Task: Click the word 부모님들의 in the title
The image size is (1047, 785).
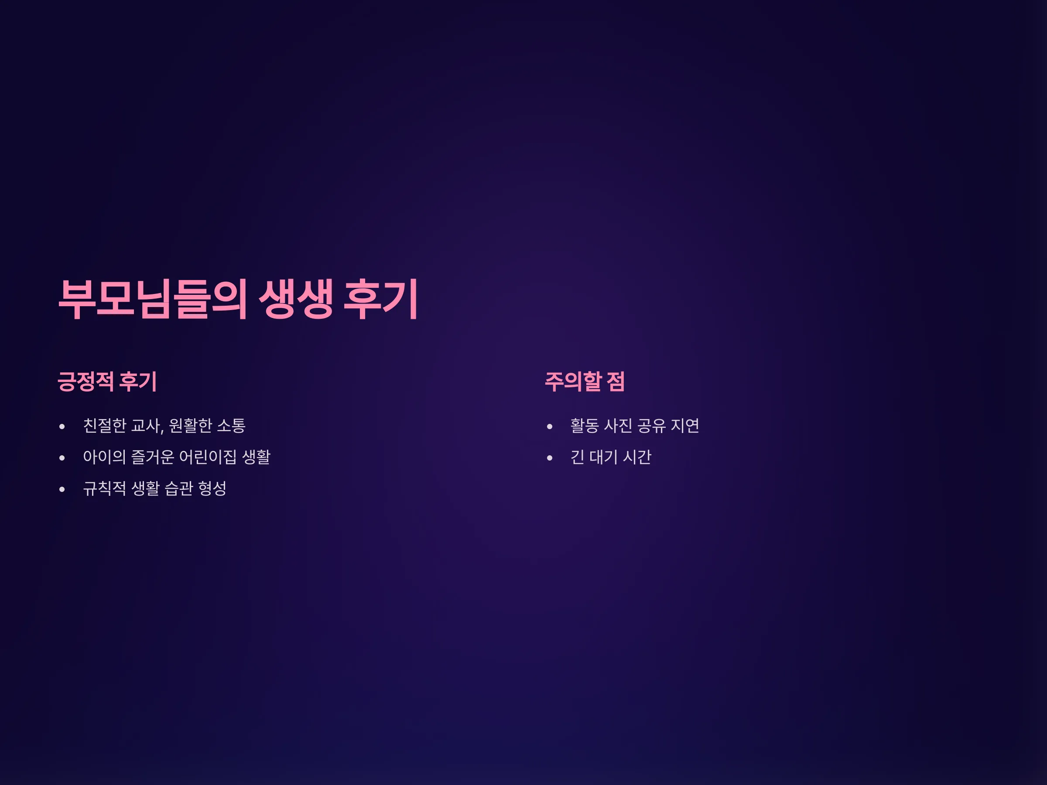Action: pyautogui.click(x=152, y=299)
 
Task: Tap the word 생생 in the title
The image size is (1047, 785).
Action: pyautogui.click(x=296, y=299)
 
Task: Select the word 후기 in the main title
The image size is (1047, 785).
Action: pyautogui.click(x=380, y=299)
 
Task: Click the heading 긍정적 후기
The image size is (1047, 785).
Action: pyautogui.click(x=107, y=382)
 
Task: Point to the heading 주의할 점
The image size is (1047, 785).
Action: pyautogui.click(x=585, y=382)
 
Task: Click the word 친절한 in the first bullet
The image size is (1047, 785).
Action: pyautogui.click(x=105, y=425)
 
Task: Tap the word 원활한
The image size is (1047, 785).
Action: pyautogui.click(x=190, y=425)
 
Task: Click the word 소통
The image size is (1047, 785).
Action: pyautogui.click(x=231, y=425)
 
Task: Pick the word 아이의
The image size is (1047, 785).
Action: pyautogui.click(x=105, y=457)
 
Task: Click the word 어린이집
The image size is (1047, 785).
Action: pyautogui.click(x=208, y=457)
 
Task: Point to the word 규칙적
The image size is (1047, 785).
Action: pyautogui.click(x=105, y=488)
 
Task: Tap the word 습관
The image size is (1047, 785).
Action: pyautogui.click(x=179, y=488)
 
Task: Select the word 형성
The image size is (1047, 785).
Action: pyautogui.click(x=212, y=488)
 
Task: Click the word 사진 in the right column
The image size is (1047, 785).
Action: pyautogui.click(x=618, y=425)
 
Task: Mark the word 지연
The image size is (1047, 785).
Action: pyautogui.click(x=685, y=425)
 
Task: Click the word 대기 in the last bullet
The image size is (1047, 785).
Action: pyautogui.click(x=603, y=457)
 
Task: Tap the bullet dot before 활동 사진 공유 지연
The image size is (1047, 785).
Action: pyautogui.click(x=550, y=427)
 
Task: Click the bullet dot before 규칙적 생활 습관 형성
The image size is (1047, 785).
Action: pyautogui.click(x=62, y=489)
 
